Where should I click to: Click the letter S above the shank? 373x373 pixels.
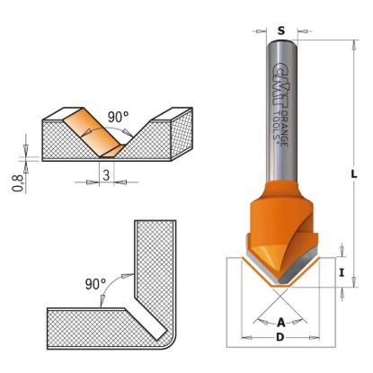pos(281,30)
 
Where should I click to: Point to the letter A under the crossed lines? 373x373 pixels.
pos(281,322)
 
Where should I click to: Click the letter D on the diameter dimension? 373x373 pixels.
pos(281,338)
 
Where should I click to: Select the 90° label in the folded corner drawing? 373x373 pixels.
pos(95,283)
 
